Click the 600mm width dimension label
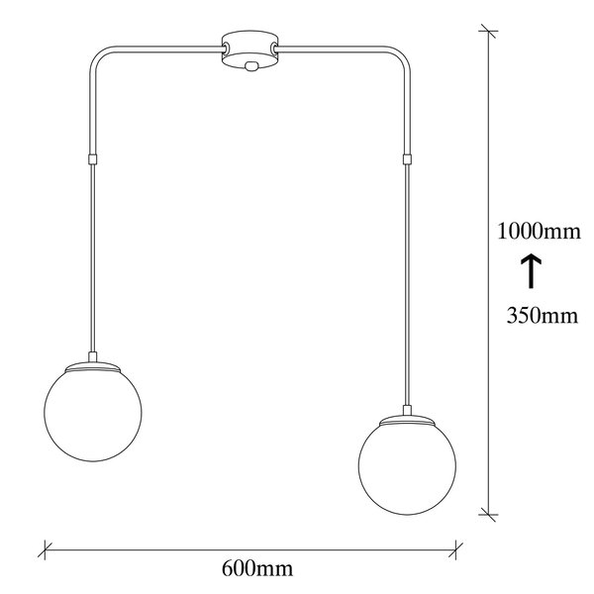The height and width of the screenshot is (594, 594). (257, 568)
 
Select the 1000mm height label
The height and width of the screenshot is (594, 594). (539, 231)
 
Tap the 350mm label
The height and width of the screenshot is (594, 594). (543, 315)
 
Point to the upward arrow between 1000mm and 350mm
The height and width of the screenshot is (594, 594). (531, 271)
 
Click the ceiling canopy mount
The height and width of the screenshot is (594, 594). (249, 50)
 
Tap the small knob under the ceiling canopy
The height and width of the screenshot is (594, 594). (250, 66)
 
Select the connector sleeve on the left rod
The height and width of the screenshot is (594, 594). (92, 159)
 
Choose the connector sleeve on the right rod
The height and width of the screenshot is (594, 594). (407, 159)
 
